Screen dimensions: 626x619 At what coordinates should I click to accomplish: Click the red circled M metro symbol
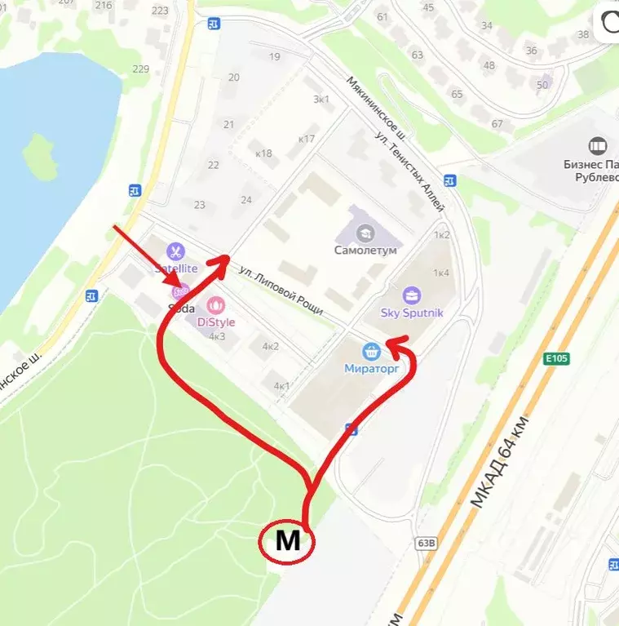(x=286, y=541)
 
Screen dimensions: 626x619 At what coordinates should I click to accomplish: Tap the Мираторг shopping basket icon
(x=372, y=351)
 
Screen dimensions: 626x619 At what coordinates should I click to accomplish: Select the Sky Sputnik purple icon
(x=412, y=295)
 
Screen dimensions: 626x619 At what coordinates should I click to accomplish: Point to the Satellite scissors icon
(x=175, y=251)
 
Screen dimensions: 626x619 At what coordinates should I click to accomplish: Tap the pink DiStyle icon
(x=216, y=306)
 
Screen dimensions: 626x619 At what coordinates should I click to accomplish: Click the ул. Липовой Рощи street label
(x=281, y=290)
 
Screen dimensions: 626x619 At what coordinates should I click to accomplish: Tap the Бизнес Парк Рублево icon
(x=598, y=146)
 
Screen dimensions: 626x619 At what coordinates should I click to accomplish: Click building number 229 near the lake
(x=140, y=69)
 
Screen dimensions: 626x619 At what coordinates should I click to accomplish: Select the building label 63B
(x=426, y=543)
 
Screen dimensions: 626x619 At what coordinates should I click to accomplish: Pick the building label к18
(x=263, y=153)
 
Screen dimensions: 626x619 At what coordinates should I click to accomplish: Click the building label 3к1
(x=321, y=100)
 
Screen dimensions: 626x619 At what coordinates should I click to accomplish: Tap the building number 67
(x=497, y=124)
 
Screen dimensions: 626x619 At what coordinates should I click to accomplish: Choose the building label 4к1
(x=281, y=385)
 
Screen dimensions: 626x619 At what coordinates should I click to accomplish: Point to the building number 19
(x=274, y=56)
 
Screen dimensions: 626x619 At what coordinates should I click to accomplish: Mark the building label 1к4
(x=441, y=273)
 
